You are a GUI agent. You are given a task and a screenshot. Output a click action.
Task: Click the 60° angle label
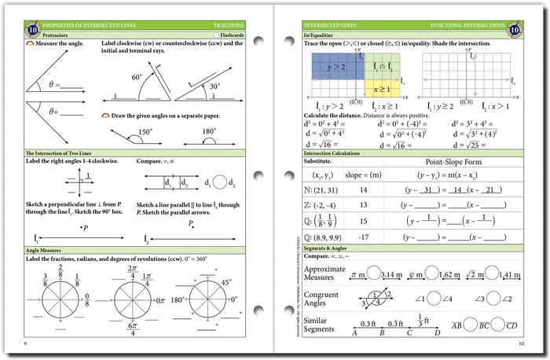(x=137, y=77)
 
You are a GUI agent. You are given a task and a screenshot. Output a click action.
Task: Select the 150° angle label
(x=145, y=132)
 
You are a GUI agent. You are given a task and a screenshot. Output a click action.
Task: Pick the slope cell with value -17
(x=364, y=236)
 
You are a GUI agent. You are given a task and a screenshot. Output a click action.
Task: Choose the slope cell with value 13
(x=364, y=205)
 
